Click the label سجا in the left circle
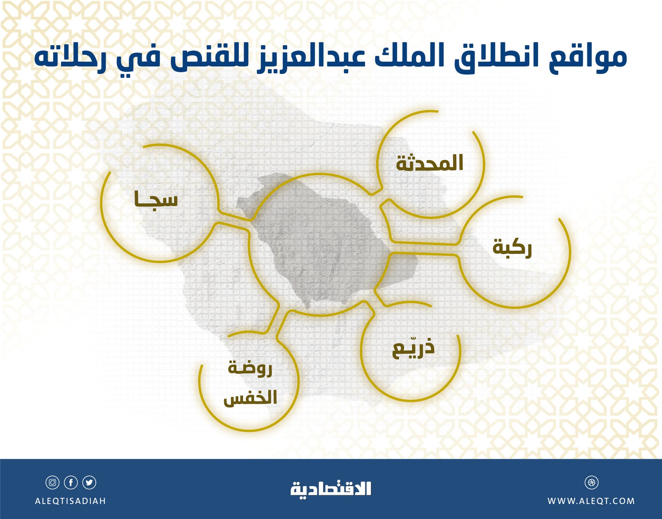pyautogui.click(x=156, y=199)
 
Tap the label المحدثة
pyautogui.click(x=429, y=163)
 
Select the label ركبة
pyautogui.click(x=512, y=248)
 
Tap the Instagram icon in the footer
pyautogui.click(x=52, y=482)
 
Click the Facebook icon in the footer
pyautogui.click(x=71, y=482)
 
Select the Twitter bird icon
pyautogui.click(x=89, y=482)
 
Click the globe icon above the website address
pyautogui.click(x=591, y=482)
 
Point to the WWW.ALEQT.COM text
pyautogui.click(x=591, y=501)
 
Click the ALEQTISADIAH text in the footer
pyautogui.click(x=70, y=501)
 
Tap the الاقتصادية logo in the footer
pyautogui.click(x=331, y=489)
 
